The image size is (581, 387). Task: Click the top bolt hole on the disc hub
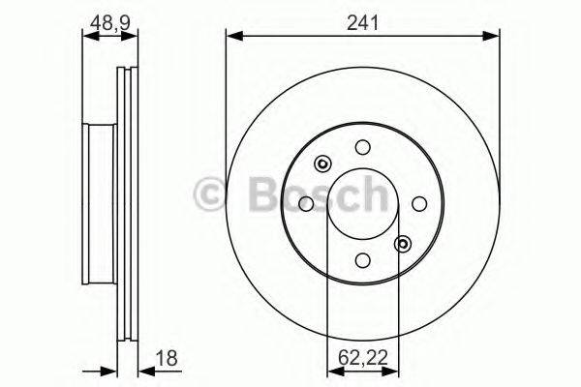(x=362, y=147)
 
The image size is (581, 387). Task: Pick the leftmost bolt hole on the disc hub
(x=306, y=203)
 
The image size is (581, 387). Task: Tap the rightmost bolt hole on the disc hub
(x=419, y=203)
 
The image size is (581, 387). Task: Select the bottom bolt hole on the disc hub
(x=362, y=260)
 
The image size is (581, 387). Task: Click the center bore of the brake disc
(x=362, y=203)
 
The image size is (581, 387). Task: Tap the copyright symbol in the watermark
(x=210, y=193)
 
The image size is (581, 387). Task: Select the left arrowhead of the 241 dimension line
(x=232, y=37)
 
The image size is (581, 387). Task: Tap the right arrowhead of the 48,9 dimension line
(x=131, y=37)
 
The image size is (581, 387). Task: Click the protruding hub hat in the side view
(x=100, y=204)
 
